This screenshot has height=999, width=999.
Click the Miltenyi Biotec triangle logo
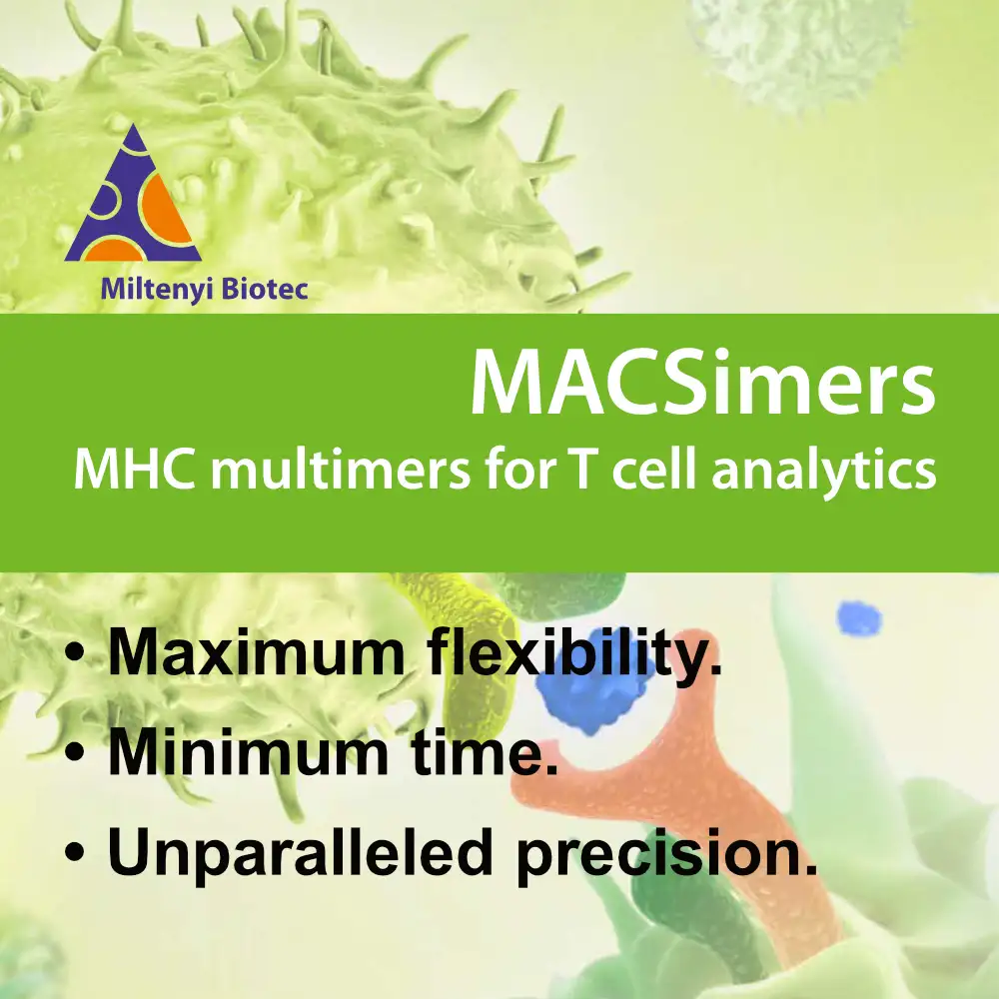[133, 195]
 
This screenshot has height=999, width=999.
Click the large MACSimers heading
[702, 382]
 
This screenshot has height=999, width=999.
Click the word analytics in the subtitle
[824, 472]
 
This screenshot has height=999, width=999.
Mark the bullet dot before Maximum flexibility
[75, 653]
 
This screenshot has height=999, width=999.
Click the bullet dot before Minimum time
[75, 752]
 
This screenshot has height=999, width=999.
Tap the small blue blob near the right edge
[859, 618]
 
